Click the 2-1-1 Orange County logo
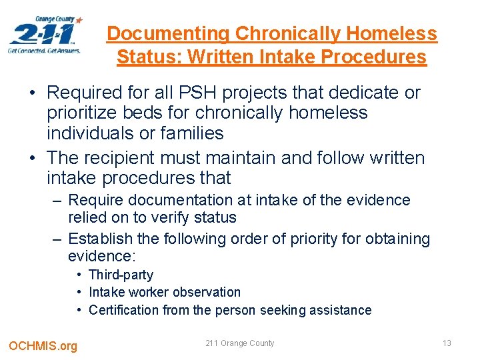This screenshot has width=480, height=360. [45, 35]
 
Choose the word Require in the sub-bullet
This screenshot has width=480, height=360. [94, 200]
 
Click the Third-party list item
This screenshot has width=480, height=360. [121, 275]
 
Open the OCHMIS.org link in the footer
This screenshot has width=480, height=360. [43, 345]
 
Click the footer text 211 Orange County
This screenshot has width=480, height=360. [239, 343]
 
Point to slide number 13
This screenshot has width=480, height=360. [447, 343]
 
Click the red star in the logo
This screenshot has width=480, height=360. [79, 21]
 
